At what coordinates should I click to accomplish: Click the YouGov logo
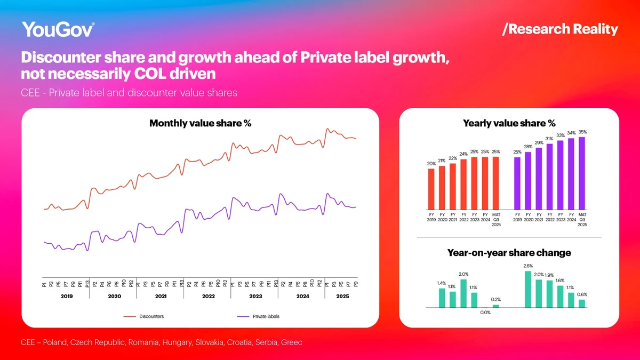click(x=58, y=29)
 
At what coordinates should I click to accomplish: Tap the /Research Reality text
click(x=560, y=29)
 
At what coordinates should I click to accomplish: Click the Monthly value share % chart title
click(x=200, y=124)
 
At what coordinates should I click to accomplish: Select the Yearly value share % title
click(x=509, y=124)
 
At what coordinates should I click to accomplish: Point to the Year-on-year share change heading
click(x=509, y=253)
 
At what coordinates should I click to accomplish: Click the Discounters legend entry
click(x=151, y=317)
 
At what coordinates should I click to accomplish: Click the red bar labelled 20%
click(x=431, y=189)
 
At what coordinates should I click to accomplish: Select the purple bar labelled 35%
click(x=582, y=173)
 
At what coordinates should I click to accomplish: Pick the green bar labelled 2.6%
click(x=528, y=289)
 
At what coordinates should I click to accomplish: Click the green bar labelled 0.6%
click(x=582, y=303)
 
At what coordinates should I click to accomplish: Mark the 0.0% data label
click(x=485, y=313)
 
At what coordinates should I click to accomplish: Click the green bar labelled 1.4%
click(x=442, y=298)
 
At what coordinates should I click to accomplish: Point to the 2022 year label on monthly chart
click(x=208, y=295)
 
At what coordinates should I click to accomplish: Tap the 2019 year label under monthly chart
click(x=66, y=295)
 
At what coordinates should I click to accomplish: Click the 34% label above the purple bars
click(x=571, y=133)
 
